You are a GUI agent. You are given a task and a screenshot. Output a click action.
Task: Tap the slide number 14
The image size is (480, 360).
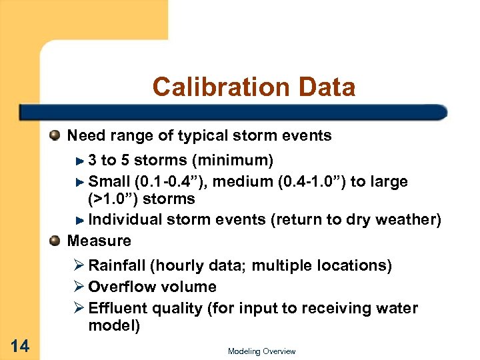point(19,345)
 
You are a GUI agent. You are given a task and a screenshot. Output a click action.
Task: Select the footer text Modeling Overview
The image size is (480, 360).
point(261,351)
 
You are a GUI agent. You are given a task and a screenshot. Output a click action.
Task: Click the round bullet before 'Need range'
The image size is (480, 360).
point(56,136)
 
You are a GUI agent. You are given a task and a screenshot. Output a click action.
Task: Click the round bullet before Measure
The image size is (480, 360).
point(56,240)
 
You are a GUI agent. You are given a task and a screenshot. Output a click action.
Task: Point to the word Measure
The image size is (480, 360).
point(99,240)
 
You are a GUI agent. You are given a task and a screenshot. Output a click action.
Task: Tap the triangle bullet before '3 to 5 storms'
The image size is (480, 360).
point(79,161)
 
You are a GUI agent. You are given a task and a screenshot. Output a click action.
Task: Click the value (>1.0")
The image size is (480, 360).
point(117,199)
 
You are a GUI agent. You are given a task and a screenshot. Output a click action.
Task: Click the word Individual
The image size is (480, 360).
point(124,219)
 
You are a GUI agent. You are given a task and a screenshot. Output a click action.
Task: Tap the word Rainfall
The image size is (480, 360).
point(117,265)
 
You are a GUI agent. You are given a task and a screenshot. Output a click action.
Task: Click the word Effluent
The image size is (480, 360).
point(117,308)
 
